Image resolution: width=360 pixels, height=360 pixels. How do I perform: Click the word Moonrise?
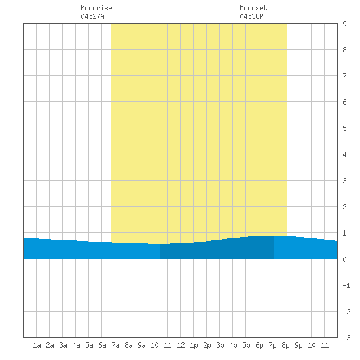click(x=96, y=8)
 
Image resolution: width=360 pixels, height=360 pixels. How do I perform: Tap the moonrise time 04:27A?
click(x=92, y=16)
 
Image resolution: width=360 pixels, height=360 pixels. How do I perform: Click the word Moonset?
click(x=253, y=8)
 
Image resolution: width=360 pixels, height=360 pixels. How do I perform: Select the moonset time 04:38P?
click(x=251, y=16)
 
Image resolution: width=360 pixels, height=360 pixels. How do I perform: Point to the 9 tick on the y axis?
click(x=344, y=24)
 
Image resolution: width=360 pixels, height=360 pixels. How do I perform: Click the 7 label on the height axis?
click(x=344, y=76)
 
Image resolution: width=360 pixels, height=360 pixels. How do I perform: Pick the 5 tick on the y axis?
click(x=344, y=128)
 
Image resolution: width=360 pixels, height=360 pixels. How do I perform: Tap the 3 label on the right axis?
click(x=344, y=181)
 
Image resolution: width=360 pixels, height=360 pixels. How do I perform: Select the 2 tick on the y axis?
click(x=344, y=207)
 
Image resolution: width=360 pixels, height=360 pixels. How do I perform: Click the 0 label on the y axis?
click(x=344, y=259)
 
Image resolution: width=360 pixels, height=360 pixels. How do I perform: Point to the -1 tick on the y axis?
click(x=346, y=285)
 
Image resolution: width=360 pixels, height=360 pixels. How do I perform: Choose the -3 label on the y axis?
click(x=346, y=338)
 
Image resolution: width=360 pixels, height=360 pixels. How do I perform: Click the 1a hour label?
click(x=37, y=345)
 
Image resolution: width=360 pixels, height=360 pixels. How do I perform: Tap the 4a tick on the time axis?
click(x=76, y=345)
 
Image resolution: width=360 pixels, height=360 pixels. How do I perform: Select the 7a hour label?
click(x=115, y=345)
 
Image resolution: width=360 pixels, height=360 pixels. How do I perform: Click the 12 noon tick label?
click(x=181, y=345)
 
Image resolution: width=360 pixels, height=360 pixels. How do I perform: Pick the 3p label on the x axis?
click(x=220, y=345)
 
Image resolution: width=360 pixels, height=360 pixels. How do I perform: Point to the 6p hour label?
click(x=259, y=345)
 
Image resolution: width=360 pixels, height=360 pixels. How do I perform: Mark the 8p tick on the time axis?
click(x=285, y=345)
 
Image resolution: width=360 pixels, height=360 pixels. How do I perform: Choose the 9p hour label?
click(x=298, y=345)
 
